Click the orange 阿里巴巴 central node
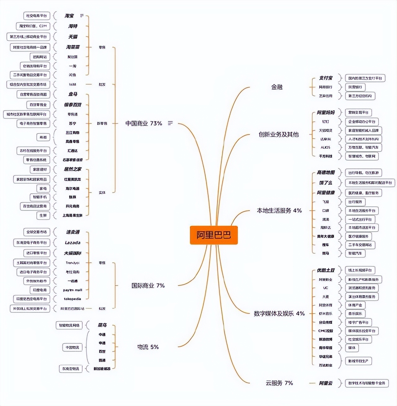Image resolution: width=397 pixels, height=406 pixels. pyautogui.click(x=214, y=235)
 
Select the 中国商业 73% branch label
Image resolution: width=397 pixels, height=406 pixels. pyautogui.click(x=144, y=123)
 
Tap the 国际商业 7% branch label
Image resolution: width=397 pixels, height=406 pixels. pyautogui.click(x=148, y=285)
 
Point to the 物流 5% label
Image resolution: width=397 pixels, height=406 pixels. pyautogui.click(x=148, y=347)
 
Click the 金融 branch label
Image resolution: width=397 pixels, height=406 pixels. pyautogui.click(x=277, y=87)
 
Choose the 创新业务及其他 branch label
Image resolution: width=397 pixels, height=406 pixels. pyautogui.click(x=279, y=134)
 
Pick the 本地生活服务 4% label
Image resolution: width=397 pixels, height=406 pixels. pyautogui.click(x=279, y=210)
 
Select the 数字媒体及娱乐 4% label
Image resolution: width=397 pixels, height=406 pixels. pyautogui.click(x=279, y=313)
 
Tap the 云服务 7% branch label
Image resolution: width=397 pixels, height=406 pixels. pyautogui.click(x=279, y=383)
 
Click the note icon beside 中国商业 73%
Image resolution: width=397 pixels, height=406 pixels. pyautogui.click(x=170, y=123)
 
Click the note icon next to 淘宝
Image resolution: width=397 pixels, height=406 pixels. pyautogui.click(x=82, y=16)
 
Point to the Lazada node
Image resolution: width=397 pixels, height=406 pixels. pyautogui.click(x=73, y=242)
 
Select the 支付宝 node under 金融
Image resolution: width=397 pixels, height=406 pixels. pyautogui.click(x=326, y=78)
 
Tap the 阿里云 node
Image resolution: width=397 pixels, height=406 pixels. pyautogui.click(x=326, y=383)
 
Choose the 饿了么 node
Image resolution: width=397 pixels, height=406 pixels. pyautogui.click(x=326, y=183)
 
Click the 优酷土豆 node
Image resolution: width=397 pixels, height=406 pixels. pyautogui.click(x=326, y=270)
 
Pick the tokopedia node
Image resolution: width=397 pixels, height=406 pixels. pyautogui.click(x=73, y=299)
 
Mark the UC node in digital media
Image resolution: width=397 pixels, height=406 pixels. pyautogui.click(x=325, y=288)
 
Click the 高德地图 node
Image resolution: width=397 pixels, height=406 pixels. pyautogui.click(x=326, y=172)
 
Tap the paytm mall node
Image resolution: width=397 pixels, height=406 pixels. pyautogui.click(x=73, y=290)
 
